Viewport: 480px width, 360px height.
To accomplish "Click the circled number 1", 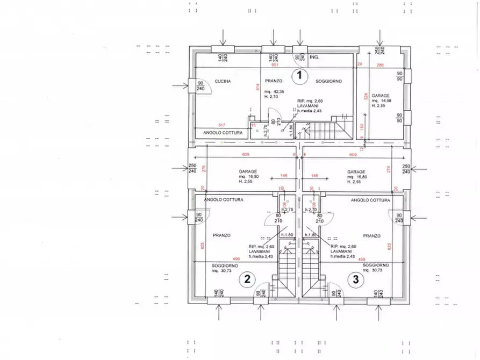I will [x=299, y=76].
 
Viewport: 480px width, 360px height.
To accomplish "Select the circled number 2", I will [x=247, y=278].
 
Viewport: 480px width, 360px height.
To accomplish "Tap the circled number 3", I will [x=355, y=278].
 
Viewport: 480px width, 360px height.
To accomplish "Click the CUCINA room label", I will [x=223, y=82].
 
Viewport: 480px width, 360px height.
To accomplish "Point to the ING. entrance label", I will [x=315, y=56].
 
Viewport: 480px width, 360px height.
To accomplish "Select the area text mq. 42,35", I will [x=274, y=92].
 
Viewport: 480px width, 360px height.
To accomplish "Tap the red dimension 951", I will [x=275, y=65].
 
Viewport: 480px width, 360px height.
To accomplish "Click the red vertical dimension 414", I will [x=258, y=87].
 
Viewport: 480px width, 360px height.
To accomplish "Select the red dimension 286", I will [x=380, y=65].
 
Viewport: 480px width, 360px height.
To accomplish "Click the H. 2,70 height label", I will [x=270, y=97].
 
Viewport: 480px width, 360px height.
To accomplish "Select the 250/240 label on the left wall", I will [x=192, y=169].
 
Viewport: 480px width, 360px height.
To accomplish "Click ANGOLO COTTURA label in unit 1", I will [x=222, y=133].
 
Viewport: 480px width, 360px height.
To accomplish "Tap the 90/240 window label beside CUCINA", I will [x=200, y=85].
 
